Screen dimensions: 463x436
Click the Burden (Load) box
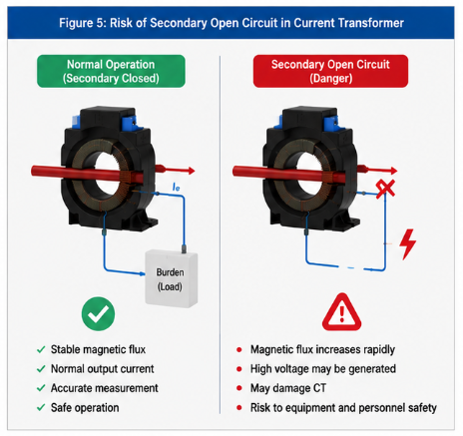point(172,278)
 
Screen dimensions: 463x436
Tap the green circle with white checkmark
point(98,313)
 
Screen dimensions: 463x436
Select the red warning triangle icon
point(341,312)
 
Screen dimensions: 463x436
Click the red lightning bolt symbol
point(407,243)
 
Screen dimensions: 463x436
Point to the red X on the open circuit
point(385,189)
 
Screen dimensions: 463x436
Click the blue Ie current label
point(176,187)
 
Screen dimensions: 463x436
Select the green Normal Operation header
point(111,71)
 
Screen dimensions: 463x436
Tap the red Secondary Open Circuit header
point(330,71)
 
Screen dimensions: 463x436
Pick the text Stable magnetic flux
point(98,349)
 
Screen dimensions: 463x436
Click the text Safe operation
point(85,408)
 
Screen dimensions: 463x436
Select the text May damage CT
point(288,388)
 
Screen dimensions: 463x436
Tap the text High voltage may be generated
point(323,369)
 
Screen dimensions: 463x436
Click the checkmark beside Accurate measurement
point(41,388)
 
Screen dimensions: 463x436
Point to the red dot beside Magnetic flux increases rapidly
point(238,349)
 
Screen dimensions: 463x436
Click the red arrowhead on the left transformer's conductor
point(191,171)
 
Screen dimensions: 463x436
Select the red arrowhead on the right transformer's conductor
point(393,171)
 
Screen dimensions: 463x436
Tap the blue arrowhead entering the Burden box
point(142,273)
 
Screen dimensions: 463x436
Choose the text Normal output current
point(102,369)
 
